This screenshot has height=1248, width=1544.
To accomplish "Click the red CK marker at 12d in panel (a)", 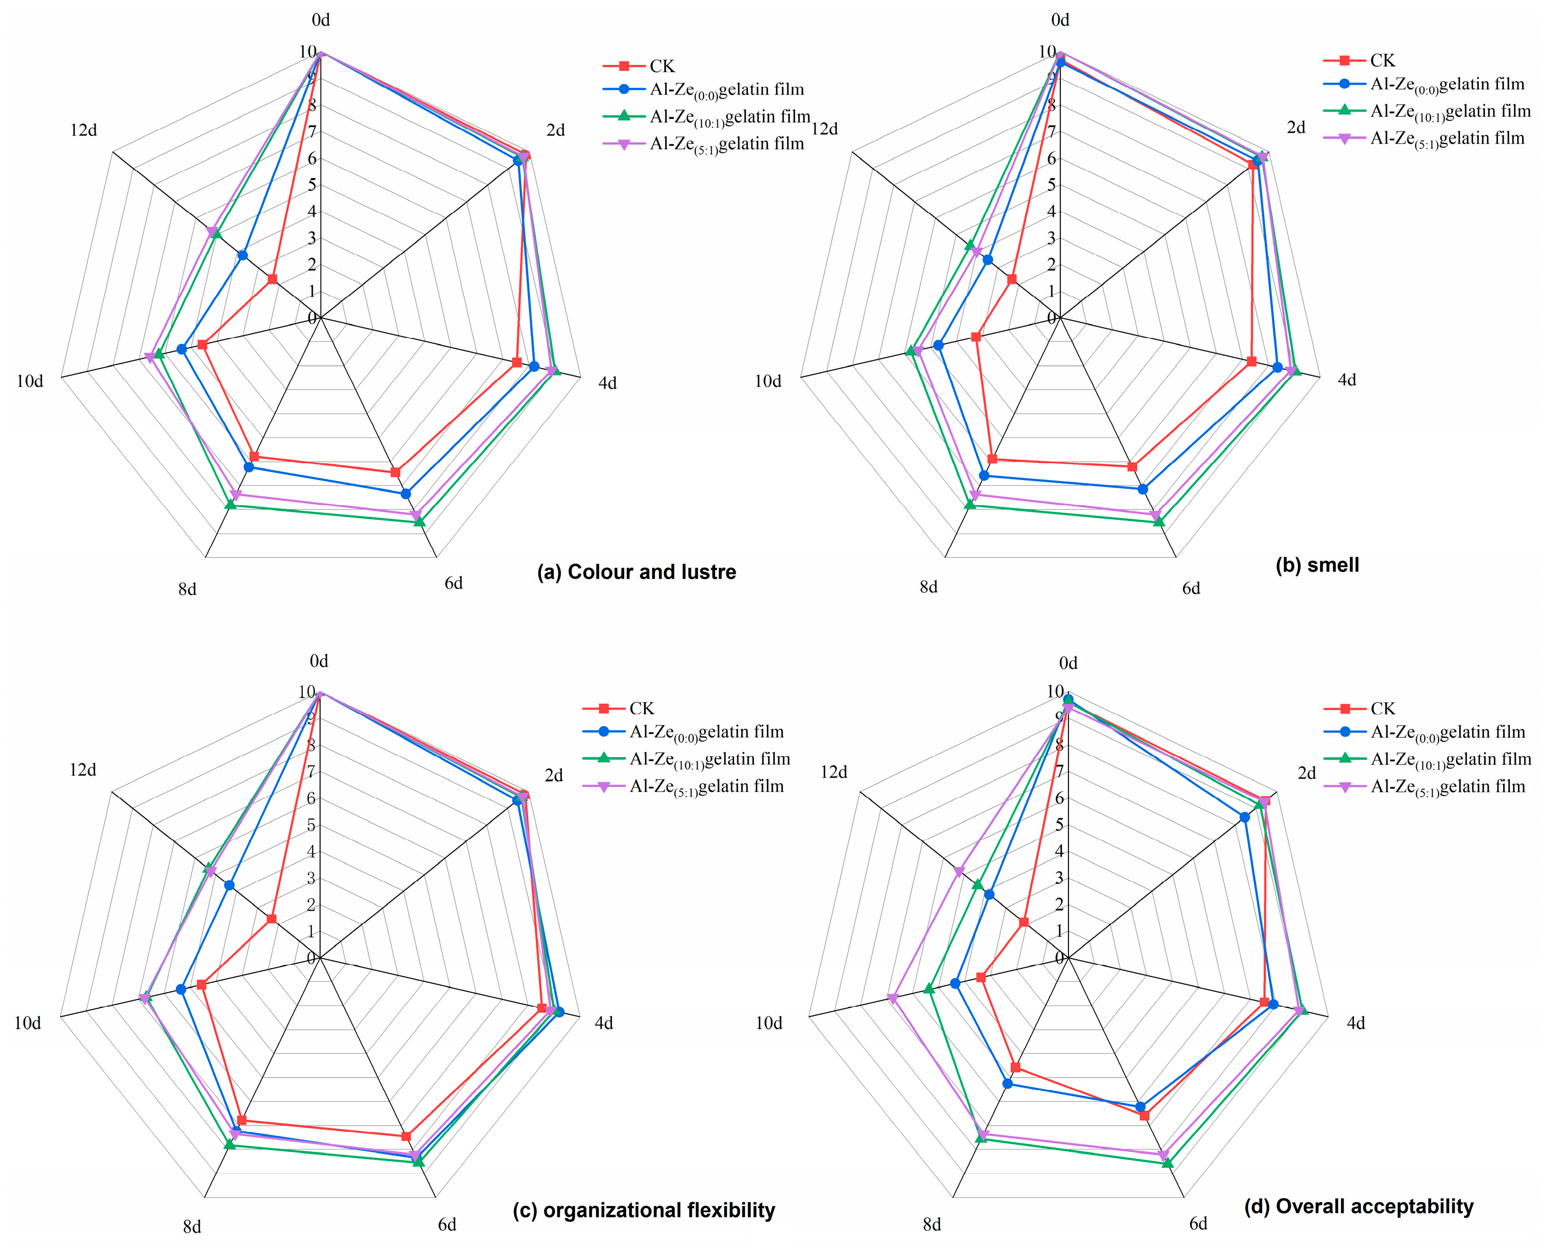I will coord(271,279).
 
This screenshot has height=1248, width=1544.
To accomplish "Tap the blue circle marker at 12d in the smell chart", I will coord(988,260).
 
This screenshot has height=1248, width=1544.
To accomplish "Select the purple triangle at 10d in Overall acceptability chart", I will coord(893,998).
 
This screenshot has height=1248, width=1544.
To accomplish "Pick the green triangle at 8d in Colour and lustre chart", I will coord(231,505).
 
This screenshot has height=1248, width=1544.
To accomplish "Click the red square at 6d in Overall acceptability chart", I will coord(1144,1116).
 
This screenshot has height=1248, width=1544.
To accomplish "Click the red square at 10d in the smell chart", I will coord(975,336).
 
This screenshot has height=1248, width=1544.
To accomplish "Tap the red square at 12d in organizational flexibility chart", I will coord(271,919).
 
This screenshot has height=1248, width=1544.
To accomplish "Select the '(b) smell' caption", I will coord(1317,565).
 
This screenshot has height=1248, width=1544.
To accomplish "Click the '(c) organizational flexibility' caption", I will coord(643,1211).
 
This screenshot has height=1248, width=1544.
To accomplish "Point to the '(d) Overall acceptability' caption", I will coord(1358,1206).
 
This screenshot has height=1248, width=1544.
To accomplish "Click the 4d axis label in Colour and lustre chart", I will coord(607,383).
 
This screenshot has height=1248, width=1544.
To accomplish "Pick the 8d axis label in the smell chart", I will coord(928,587).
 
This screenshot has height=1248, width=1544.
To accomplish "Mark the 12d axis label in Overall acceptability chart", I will coord(834,772).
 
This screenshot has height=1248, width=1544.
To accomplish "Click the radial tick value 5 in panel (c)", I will coord(311,825).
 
